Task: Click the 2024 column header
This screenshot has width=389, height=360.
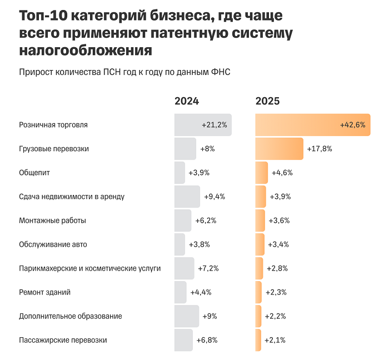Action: (x=187, y=101)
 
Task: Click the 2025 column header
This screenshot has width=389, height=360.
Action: (x=267, y=101)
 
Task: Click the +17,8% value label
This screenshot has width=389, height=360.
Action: (x=320, y=149)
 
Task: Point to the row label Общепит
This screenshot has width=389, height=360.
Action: (x=34, y=173)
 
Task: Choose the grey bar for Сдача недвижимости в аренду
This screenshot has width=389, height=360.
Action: (x=187, y=197)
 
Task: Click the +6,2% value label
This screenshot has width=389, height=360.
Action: (x=206, y=221)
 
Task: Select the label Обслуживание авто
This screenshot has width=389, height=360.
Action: (x=53, y=244)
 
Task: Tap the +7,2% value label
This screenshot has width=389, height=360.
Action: (x=208, y=268)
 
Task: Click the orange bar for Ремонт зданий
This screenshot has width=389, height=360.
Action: (x=258, y=292)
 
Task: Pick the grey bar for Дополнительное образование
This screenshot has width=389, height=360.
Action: (x=186, y=316)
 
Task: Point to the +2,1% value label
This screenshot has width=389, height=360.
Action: (x=275, y=340)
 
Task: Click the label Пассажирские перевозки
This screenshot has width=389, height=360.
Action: (x=63, y=340)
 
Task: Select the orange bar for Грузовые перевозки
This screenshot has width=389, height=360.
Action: (x=279, y=149)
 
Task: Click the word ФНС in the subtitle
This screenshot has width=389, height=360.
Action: (x=220, y=72)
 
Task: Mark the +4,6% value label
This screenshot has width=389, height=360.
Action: (x=282, y=173)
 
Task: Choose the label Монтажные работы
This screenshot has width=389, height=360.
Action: (x=52, y=221)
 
